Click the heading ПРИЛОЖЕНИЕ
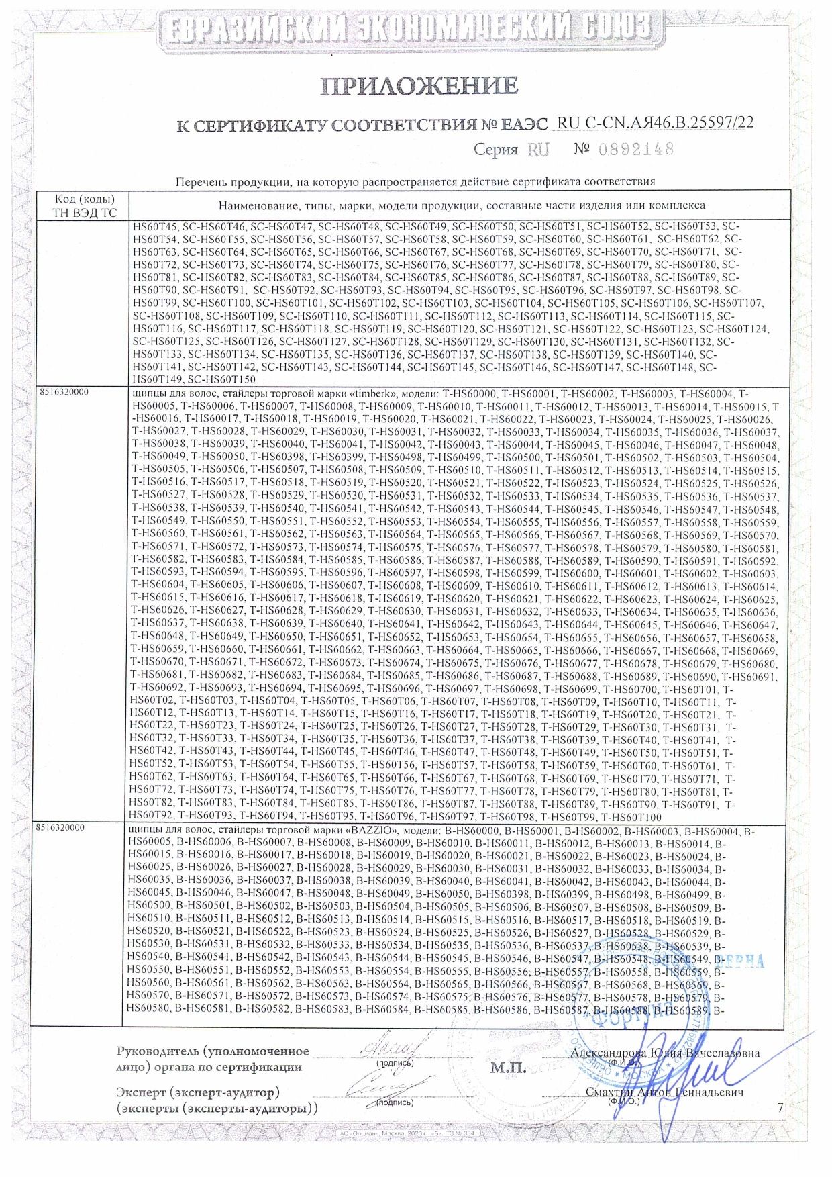point(419,86)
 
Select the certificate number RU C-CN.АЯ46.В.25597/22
point(656,122)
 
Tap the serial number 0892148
point(633,149)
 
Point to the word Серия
point(495,150)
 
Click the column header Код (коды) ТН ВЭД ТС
point(85,206)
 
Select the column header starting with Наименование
point(462,205)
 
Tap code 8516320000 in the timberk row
point(62,392)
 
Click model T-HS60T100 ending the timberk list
point(631,818)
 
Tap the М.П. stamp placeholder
point(508,1068)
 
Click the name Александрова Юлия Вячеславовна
point(665,1053)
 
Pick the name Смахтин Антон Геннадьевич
point(664,1092)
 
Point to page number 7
point(780,1108)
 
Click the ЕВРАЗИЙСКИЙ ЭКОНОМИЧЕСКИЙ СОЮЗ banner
point(410,28)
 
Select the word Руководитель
point(158,1051)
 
